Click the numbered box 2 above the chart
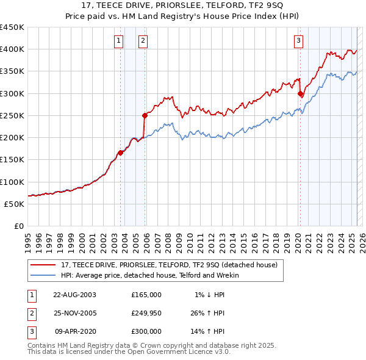(x=143, y=41)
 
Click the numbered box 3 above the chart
(x=298, y=41)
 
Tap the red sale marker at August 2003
(x=121, y=153)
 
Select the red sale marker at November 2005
(x=145, y=115)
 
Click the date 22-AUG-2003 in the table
(x=74, y=295)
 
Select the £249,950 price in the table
(x=146, y=313)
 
